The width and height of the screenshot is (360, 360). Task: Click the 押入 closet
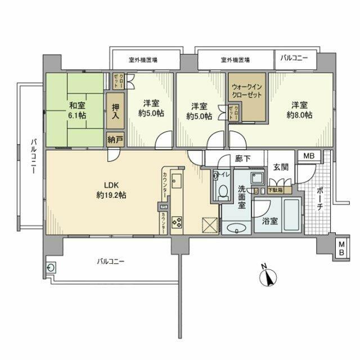coord(114,110)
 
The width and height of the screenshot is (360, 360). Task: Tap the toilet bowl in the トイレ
coord(222,193)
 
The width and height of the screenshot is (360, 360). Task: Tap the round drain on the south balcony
coord(52,268)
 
